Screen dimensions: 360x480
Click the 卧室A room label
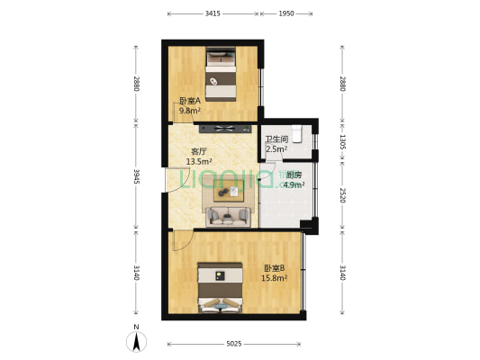coord(188,101)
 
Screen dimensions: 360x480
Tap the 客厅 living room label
coord(199,152)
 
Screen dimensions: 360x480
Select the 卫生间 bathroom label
coord(276,139)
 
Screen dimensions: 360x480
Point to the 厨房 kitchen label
coord(294,175)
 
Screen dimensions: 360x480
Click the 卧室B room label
coord(275,268)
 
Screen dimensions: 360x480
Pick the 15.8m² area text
coord(275,278)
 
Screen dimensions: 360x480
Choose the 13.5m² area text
coord(199,162)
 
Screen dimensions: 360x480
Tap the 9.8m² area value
coord(188,111)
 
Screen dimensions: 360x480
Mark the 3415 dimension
coord(213,14)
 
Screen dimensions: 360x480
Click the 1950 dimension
coord(285,14)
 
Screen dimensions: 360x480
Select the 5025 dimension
coord(234,343)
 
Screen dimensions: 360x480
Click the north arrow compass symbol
coord(136,340)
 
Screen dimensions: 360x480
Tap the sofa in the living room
coord(228,216)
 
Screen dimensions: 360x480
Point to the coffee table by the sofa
coord(227,191)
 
